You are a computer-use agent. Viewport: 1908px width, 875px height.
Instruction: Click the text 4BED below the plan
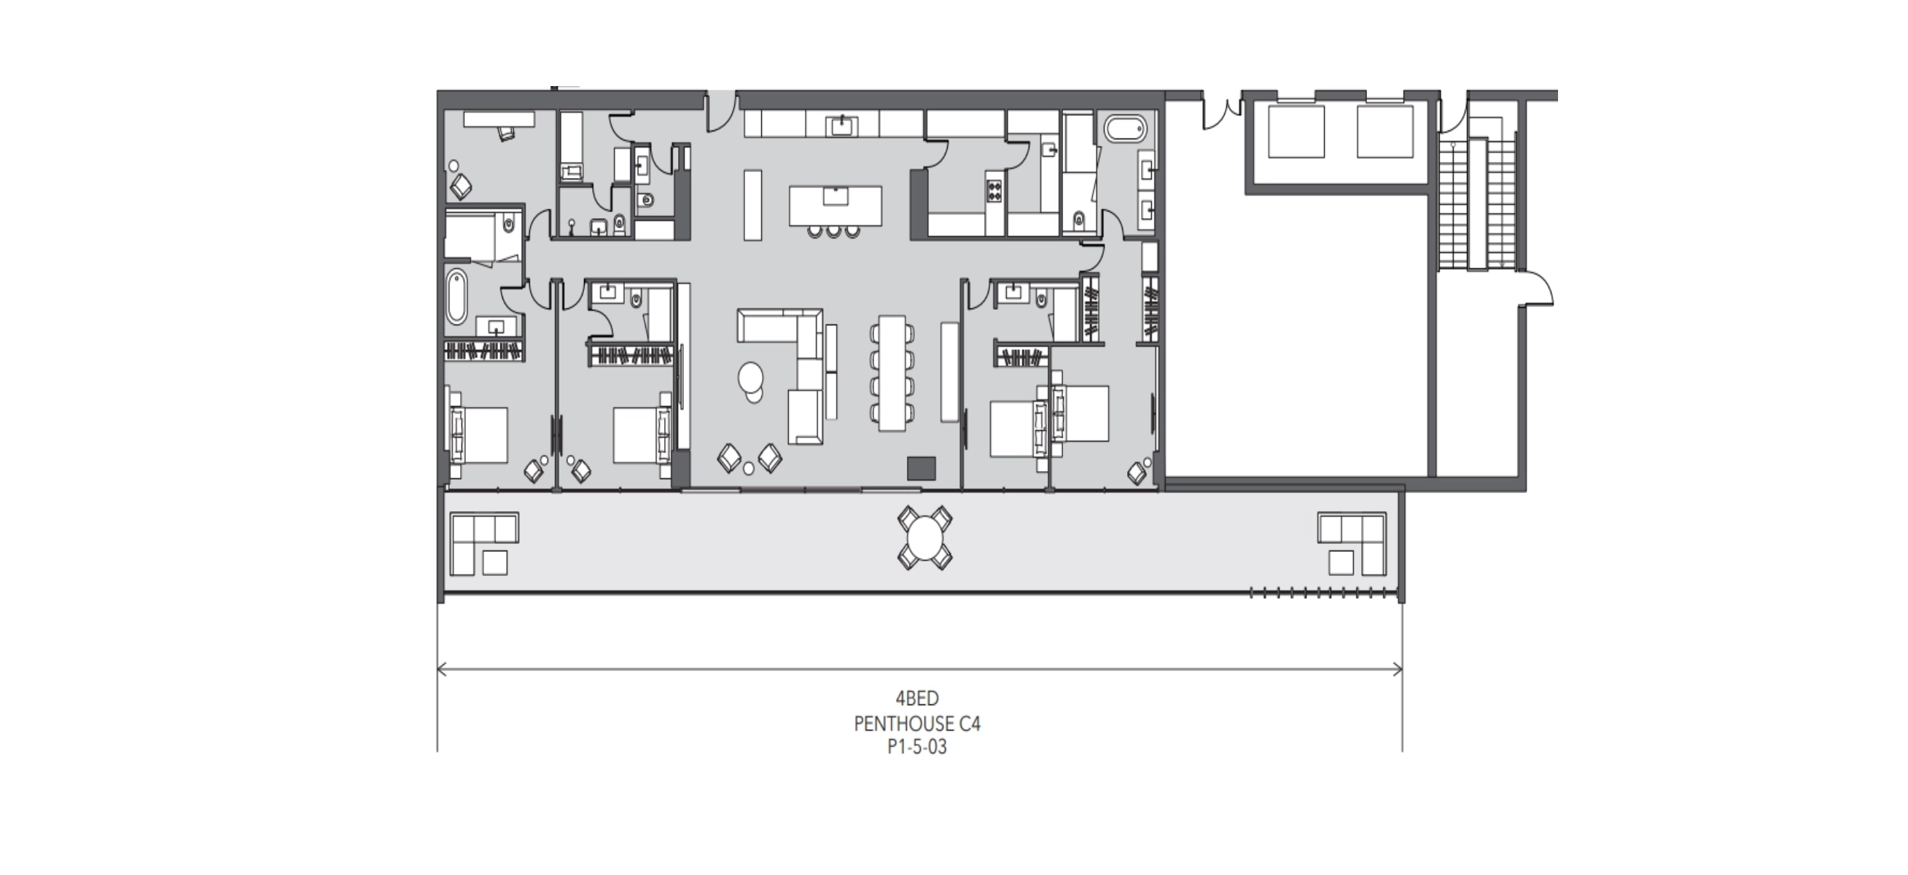(917, 698)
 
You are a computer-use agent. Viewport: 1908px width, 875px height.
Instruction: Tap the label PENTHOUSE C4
(917, 723)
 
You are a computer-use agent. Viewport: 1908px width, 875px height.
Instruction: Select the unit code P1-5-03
(917, 747)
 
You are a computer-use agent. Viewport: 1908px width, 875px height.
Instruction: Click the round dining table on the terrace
(925, 538)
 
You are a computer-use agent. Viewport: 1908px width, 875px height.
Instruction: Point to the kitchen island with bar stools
(836, 205)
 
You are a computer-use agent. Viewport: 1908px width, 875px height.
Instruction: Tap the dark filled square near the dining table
(922, 468)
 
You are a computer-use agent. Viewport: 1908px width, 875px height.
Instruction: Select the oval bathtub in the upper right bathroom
(1125, 129)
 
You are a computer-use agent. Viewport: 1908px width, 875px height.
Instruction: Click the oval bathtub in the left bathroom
(456, 297)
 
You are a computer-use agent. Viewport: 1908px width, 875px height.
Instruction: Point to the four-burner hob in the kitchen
(994, 190)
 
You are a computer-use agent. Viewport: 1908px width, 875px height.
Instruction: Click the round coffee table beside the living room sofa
(751, 379)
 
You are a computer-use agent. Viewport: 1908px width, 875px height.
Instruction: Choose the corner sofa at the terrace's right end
(1352, 543)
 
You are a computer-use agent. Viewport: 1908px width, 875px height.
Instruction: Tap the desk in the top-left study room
(499, 120)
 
